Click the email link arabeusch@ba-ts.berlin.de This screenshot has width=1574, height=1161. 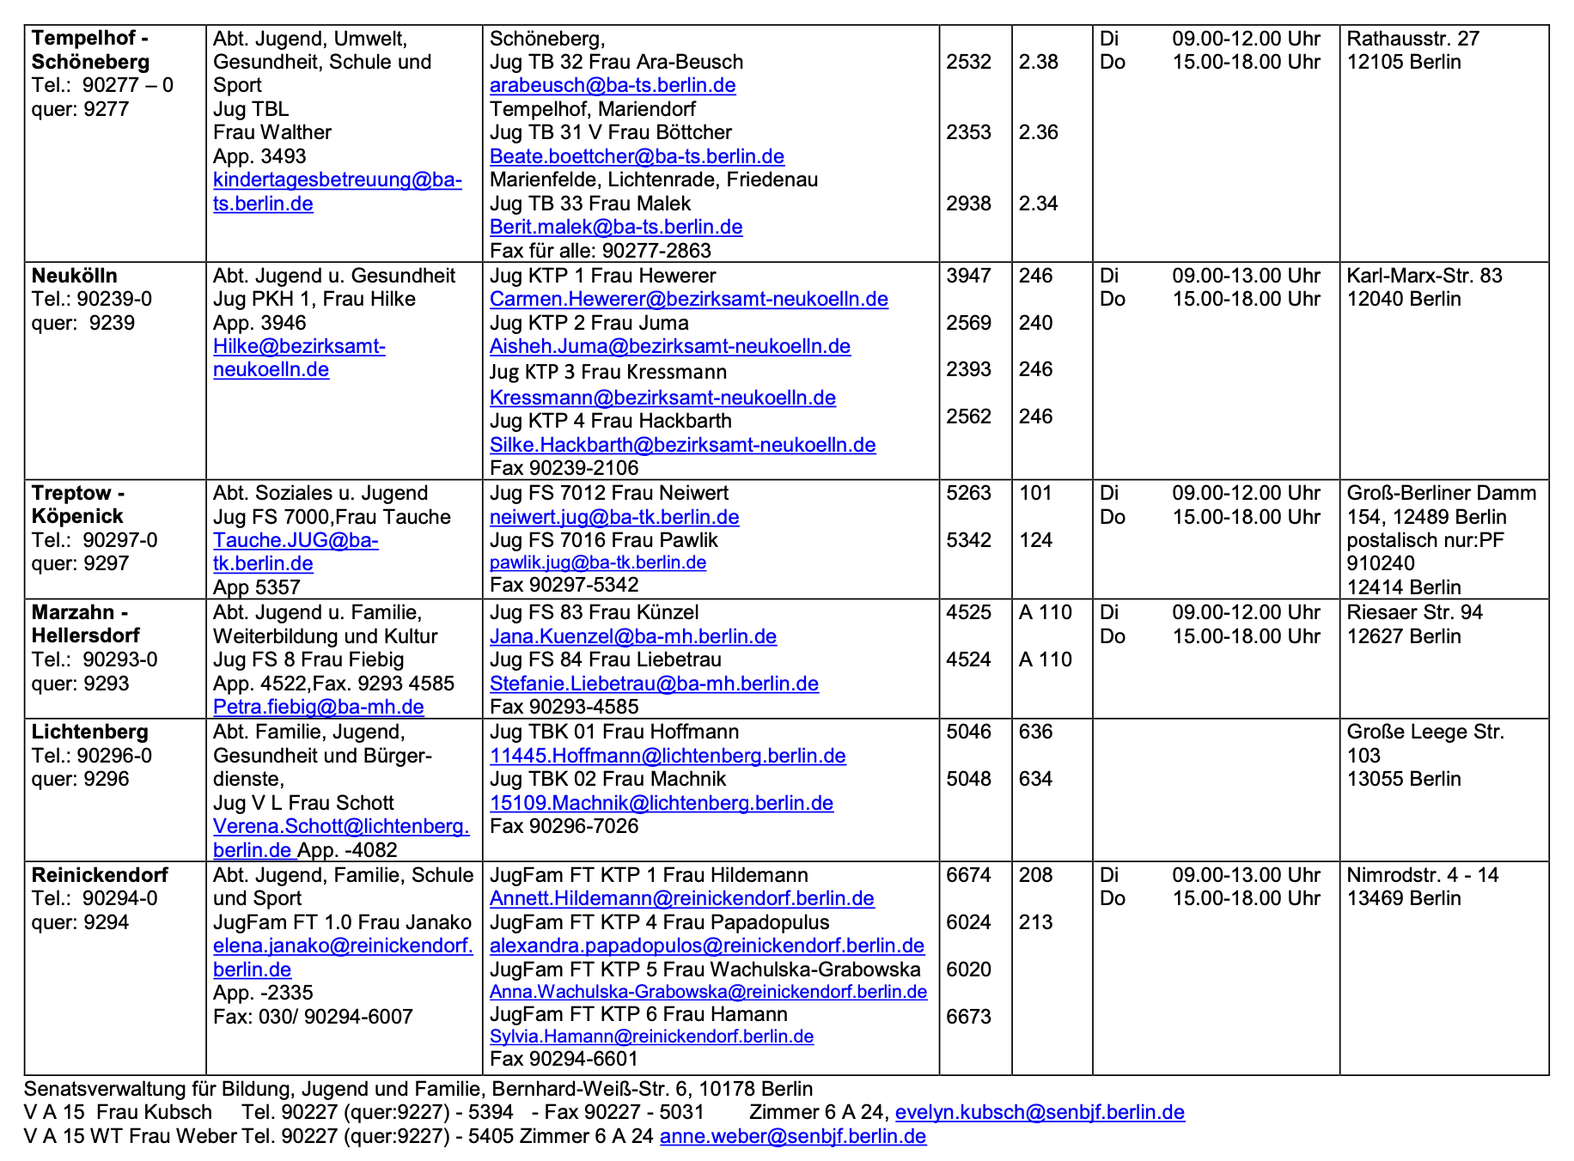(613, 86)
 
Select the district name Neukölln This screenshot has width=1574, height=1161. (75, 276)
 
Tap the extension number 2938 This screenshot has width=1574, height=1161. (968, 204)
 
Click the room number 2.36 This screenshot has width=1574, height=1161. (1038, 133)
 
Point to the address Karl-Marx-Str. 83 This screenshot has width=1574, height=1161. (1424, 276)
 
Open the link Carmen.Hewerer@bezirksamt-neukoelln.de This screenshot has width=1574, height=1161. (688, 300)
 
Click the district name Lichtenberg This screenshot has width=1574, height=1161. (90, 732)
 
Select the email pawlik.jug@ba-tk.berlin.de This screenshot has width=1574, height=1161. (597, 563)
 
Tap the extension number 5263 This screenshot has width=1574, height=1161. (968, 493)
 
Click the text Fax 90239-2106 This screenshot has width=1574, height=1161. (564, 468)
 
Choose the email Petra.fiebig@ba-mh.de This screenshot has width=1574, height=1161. (318, 707)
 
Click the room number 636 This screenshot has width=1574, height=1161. (1035, 732)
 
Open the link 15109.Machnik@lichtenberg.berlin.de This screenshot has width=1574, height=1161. (661, 803)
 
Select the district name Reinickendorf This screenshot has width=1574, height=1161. (100, 875)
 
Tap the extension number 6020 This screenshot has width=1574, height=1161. (968, 970)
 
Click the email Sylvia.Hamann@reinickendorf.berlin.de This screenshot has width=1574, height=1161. (651, 1036)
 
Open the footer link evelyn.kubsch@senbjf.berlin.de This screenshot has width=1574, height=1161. (1040, 1113)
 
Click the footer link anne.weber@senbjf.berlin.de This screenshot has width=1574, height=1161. (792, 1137)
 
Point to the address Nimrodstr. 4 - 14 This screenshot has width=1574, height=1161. (1422, 875)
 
